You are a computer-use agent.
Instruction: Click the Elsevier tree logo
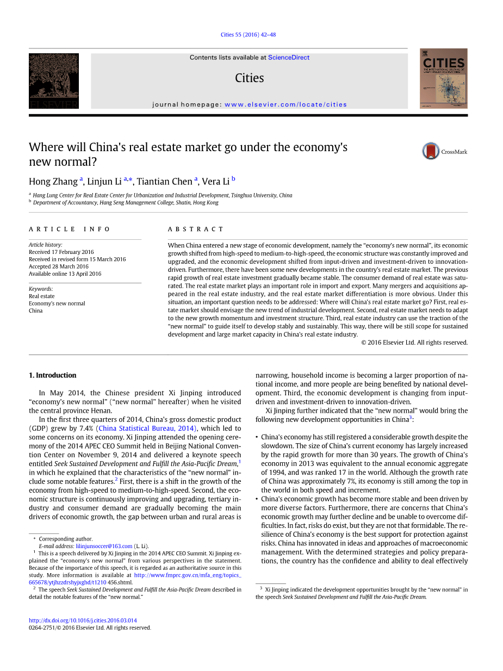click(x=54, y=80)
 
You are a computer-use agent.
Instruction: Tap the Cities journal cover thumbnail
click(x=443, y=78)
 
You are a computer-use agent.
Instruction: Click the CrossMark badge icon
click(x=431, y=151)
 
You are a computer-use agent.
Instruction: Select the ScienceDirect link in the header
click(x=289, y=58)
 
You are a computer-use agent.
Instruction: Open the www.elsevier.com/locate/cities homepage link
click(x=285, y=104)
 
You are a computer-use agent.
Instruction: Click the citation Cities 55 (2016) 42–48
click(x=248, y=35)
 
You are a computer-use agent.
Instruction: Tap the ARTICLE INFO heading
click(x=70, y=229)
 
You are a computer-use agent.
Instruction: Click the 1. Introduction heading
click(x=52, y=375)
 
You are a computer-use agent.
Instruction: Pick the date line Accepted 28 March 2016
click(x=59, y=266)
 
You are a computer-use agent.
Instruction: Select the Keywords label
click(x=41, y=289)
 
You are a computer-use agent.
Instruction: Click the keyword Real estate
click(x=42, y=296)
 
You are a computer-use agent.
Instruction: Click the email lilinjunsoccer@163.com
click(x=104, y=546)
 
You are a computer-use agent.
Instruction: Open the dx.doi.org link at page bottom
click(x=83, y=620)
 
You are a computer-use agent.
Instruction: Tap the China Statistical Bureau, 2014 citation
click(x=146, y=428)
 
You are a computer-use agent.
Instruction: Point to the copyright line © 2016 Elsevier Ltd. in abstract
click(x=414, y=343)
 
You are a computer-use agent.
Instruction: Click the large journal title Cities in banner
click(x=249, y=78)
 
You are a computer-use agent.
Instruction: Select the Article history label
click(x=46, y=245)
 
